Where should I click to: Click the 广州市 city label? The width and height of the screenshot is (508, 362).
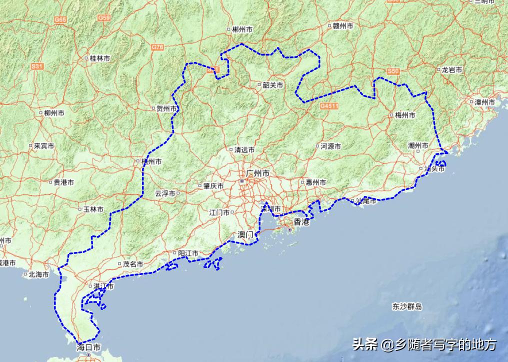coord(258,173)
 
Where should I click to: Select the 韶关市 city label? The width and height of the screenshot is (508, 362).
coord(272,85)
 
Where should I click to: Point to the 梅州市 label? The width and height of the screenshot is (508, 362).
coord(404,115)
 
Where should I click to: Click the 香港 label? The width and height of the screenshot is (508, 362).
coord(301,222)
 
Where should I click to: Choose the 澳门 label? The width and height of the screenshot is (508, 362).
coord(246,234)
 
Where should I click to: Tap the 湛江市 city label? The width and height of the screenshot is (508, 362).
coord(103,286)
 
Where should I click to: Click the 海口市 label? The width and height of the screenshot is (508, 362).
coord(89,347)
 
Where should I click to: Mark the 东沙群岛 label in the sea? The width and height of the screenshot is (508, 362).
coord(407,306)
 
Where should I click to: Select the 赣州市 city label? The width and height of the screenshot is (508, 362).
coord(343,26)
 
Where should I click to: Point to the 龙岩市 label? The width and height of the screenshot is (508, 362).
coord(451,70)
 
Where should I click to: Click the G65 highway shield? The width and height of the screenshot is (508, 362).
coord(60,19)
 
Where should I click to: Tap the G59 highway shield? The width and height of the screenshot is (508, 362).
coord(104,18)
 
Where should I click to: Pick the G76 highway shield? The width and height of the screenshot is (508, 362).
coord(157,47)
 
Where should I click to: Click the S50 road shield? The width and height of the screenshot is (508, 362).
coord(393,72)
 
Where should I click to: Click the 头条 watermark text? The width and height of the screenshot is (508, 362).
coord(364,344)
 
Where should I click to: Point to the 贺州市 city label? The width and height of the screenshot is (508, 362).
coord(166,108)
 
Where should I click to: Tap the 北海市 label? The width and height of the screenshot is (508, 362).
coord(38,274)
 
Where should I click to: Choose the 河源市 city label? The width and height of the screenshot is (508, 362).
coord(330,146)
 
